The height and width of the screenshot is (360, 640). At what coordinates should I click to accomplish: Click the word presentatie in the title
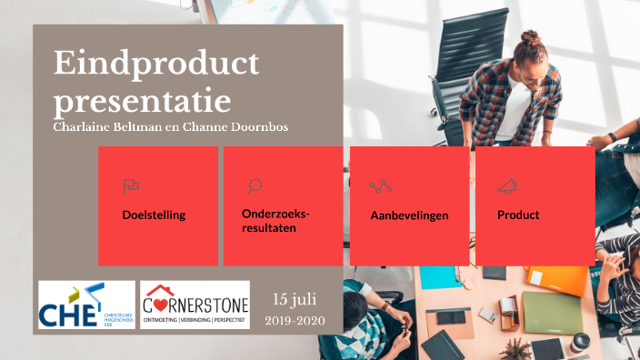142,97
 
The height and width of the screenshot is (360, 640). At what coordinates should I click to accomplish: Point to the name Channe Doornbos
242,126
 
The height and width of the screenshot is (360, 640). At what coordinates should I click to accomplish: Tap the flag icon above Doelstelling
131,187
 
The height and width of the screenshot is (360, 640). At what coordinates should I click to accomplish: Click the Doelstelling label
154,215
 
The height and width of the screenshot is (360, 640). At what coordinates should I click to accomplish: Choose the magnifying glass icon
255,186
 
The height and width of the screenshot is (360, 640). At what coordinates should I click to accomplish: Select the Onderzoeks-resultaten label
275,221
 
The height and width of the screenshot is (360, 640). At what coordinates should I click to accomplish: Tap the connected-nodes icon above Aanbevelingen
381,187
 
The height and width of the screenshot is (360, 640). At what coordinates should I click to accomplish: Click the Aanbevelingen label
409,215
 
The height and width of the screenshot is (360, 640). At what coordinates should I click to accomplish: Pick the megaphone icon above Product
507,187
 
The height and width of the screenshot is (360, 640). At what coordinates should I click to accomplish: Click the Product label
518,215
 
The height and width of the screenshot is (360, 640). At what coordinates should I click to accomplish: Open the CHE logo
85,305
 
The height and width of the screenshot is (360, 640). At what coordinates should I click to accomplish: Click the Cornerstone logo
195,305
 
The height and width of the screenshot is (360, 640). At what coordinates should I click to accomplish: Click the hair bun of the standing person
531,39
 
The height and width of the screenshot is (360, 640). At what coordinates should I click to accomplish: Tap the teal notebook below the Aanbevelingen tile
439,277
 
